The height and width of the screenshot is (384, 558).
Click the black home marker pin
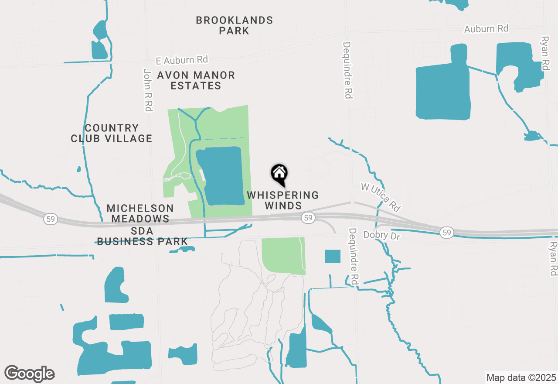point(279,174)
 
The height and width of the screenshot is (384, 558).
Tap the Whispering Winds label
point(283,200)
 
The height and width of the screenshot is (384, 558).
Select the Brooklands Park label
point(234,25)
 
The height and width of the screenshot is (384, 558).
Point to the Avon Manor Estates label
point(196,80)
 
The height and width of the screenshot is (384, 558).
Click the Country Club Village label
point(112,133)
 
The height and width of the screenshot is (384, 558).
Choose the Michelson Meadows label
point(140,213)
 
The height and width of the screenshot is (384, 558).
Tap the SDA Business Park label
point(142,236)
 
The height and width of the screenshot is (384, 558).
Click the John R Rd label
point(148,89)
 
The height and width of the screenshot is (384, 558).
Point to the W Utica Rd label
point(381,197)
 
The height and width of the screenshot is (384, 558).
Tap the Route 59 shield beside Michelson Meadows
point(51,219)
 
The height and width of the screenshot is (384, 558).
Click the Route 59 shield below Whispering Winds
point(308,217)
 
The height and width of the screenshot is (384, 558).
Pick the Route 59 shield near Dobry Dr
point(446,233)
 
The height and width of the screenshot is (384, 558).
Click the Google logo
point(29,374)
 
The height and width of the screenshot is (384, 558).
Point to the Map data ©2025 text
point(521,377)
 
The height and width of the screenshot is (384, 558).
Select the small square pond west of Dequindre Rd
point(332,257)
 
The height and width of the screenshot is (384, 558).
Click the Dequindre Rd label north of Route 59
point(347,70)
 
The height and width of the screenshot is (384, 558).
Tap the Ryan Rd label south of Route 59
point(554,258)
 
